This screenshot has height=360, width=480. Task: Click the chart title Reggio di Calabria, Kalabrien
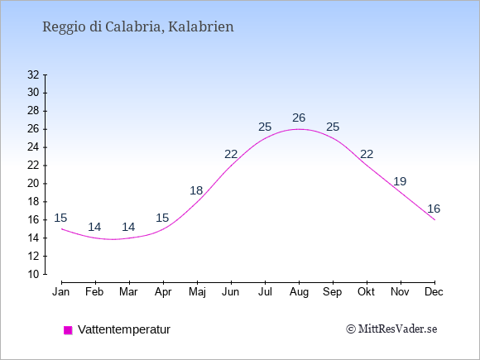(138, 27)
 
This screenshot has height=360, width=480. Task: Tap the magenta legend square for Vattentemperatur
(68, 330)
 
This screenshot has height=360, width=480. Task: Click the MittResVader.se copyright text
(391, 329)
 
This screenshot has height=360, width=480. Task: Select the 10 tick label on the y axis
(33, 274)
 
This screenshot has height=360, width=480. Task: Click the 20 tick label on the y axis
(33, 184)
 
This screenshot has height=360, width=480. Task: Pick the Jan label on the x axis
(61, 292)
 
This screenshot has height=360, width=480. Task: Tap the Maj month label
(197, 292)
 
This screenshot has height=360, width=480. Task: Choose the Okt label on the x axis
(366, 292)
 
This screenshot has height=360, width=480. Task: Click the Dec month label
(434, 292)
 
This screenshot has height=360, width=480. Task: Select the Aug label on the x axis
(299, 292)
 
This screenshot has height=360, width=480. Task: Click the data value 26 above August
(299, 118)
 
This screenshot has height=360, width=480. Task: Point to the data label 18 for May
(196, 190)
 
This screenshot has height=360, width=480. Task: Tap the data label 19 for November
(400, 181)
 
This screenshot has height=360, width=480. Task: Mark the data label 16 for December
(434, 209)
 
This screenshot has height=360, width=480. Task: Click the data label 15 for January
(60, 218)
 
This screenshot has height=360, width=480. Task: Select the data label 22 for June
(231, 154)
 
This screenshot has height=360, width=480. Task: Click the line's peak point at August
(299, 129)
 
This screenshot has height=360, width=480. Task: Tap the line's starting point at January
(62, 229)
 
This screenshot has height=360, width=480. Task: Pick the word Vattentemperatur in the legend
(124, 329)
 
